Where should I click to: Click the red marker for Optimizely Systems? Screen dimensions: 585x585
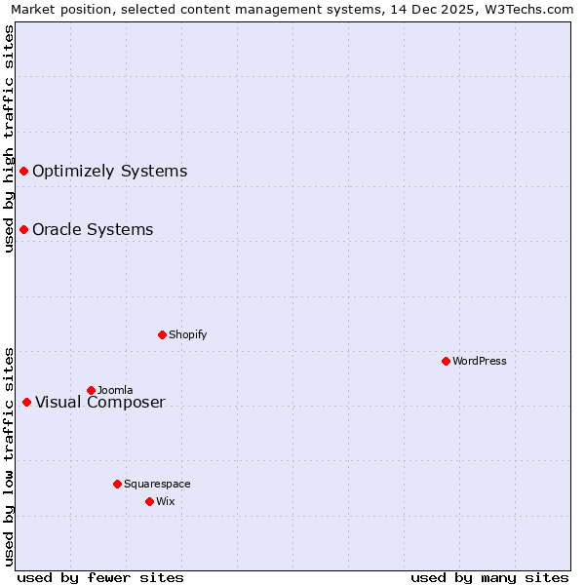click(x=23, y=172)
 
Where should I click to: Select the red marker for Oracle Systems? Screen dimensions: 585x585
click(x=23, y=230)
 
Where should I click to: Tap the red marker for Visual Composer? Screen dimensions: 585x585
click(x=26, y=403)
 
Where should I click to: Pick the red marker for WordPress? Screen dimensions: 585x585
click(x=446, y=361)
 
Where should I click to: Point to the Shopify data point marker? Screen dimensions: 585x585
click(x=162, y=334)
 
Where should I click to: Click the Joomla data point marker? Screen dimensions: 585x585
click(x=91, y=390)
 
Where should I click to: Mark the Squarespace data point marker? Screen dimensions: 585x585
click(x=117, y=484)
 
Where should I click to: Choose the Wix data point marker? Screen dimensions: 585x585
click(x=149, y=501)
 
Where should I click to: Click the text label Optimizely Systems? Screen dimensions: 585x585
click(x=109, y=172)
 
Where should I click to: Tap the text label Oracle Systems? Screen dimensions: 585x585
click(x=93, y=230)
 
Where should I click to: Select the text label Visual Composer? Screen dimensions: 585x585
click(x=100, y=403)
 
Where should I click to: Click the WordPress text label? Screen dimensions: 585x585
click(x=480, y=361)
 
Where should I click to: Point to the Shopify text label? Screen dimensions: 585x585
click(x=187, y=334)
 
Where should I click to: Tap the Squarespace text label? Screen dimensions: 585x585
click(x=157, y=484)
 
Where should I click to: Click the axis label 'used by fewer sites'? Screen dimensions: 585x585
click(x=100, y=577)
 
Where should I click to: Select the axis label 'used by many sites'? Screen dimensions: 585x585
click(x=489, y=577)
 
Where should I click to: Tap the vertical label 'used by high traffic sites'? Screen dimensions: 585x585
click(x=9, y=139)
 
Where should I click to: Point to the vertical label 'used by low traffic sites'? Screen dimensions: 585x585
click(x=9, y=455)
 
